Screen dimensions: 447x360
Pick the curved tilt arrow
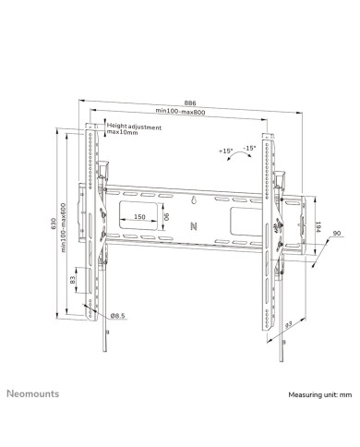click(238, 158)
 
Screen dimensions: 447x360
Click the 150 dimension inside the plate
click(139, 217)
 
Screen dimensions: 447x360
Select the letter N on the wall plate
click(192, 223)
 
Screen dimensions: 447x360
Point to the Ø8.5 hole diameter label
click(117, 317)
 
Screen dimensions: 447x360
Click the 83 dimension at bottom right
click(288, 325)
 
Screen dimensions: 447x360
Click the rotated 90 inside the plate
click(166, 218)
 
